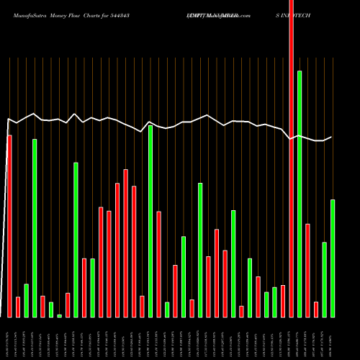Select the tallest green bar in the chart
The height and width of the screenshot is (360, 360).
300,194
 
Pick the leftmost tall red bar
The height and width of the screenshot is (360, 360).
9,226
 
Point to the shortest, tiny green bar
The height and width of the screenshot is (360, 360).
59,315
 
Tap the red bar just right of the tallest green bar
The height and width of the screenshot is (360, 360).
307,270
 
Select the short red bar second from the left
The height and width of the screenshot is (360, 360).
18,307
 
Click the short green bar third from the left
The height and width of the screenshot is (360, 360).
26,300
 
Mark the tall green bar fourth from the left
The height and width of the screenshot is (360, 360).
35,228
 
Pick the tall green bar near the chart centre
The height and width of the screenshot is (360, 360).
150,221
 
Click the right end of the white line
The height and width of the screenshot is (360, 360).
332,137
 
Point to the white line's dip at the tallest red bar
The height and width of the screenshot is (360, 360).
291,139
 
